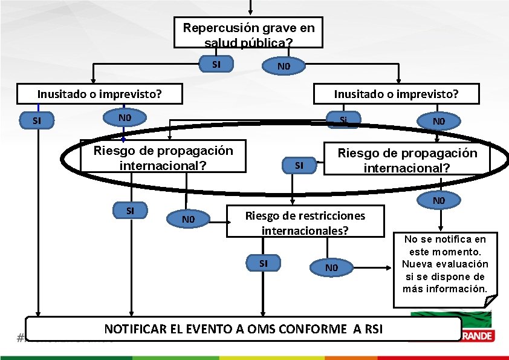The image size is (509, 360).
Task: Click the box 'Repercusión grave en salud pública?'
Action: click(248, 34)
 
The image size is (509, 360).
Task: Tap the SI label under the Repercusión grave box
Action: click(216, 64)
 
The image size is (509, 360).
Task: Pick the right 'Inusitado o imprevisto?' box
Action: click(396, 94)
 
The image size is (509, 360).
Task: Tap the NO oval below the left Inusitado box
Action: click(125, 117)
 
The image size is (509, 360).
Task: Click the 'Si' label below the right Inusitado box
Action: click(343, 119)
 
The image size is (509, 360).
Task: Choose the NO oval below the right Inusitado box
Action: click(438, 121)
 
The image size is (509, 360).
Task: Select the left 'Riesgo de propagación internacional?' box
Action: click(163, 157)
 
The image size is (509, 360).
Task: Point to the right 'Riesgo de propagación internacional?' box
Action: click(407, 160)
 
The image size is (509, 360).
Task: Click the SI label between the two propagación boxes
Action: click(299, 165)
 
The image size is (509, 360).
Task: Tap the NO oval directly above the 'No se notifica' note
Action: click(438, 200)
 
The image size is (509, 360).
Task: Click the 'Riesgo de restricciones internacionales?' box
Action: click(305, 222)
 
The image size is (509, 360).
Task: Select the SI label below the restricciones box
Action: click(263, 263)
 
